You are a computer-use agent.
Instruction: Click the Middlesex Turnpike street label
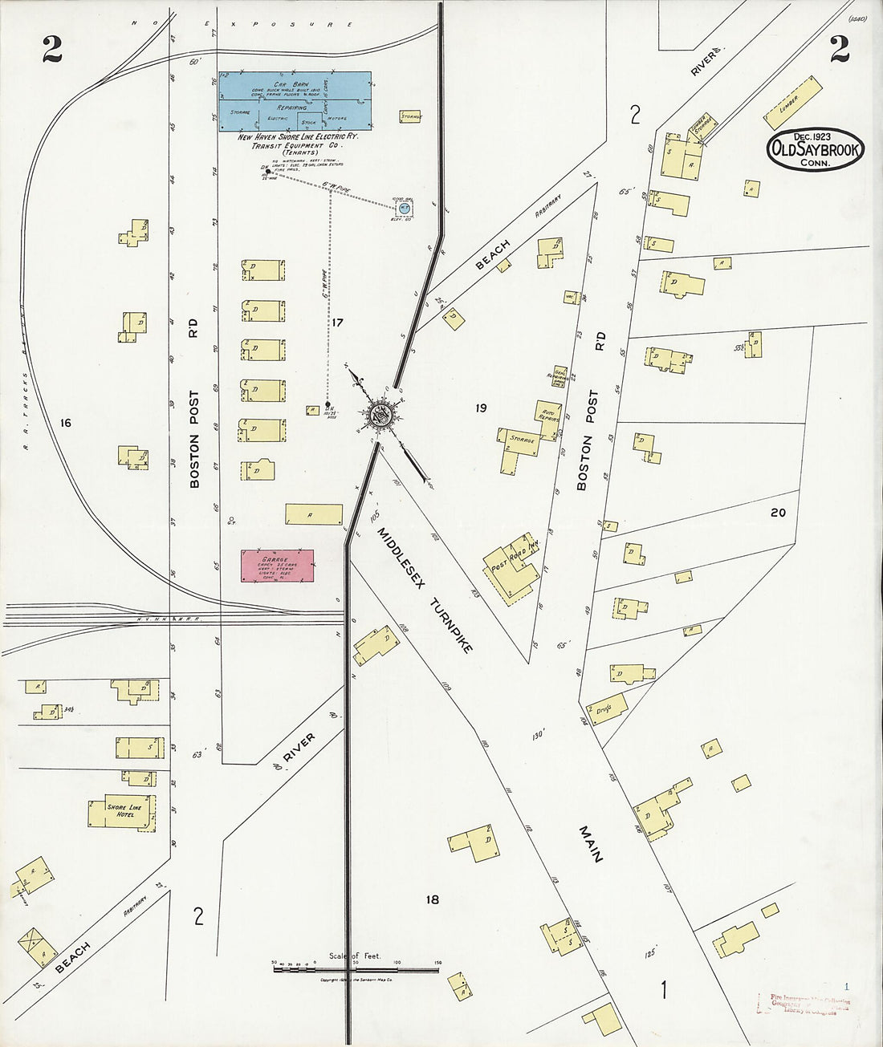click(x=425, y=589)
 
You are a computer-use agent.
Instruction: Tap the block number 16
click(x=65, y=422)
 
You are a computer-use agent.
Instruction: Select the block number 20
click(x=777, y=512)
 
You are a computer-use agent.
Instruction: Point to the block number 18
click(x=433, y=899)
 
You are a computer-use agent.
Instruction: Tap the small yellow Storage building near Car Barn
click(x=411, y=116)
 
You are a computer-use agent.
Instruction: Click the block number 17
click(x=337, y=323)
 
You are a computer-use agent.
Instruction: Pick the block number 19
click(x=480, y=408)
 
